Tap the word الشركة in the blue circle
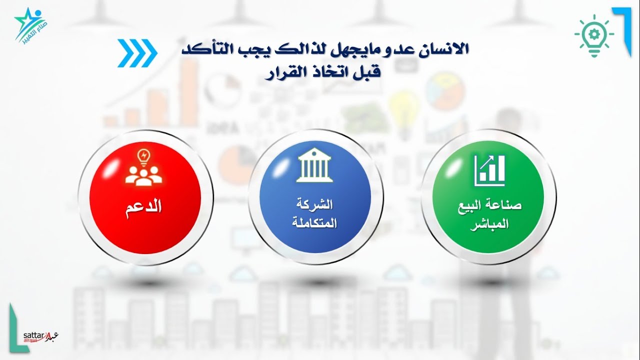tap(315, 204)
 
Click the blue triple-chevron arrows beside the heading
tap(137, 53)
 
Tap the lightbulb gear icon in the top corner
tap(594, 35)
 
